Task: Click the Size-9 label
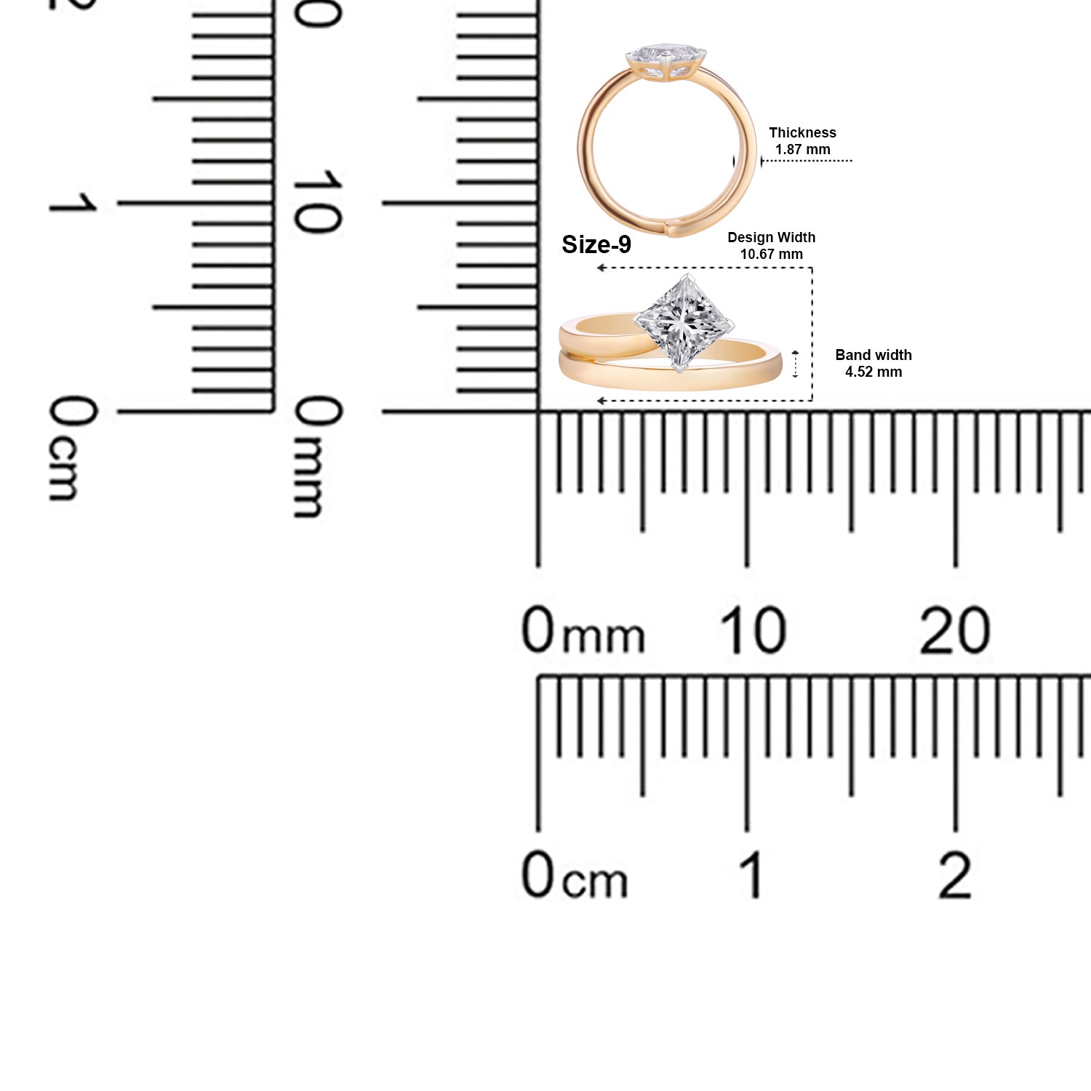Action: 596,245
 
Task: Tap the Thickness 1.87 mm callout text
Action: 802,141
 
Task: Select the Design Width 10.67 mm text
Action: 771,246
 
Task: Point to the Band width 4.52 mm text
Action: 873,363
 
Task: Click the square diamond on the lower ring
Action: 683,323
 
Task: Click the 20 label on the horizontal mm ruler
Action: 954,630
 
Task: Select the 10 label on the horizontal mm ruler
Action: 753,630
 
